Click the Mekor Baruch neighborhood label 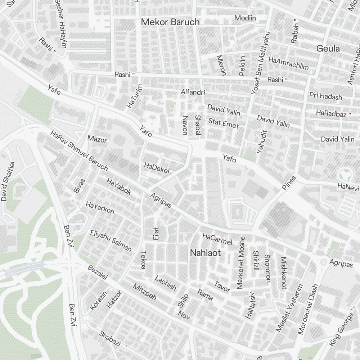click(x=170, y=22)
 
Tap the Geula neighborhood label click(x=328, y=48)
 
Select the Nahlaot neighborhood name click(x=205, y=253)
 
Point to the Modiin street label click(x=246, y=18)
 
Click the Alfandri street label click(x=193, y=93)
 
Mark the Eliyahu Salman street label click(x=111, y=240)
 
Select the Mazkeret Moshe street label click(x=240, y=263)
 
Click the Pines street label click(x=289, y=183)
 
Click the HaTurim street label click(x=135, y=96)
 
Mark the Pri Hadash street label click(x=325, y=96)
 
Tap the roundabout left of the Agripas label click(x=324, y=262)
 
